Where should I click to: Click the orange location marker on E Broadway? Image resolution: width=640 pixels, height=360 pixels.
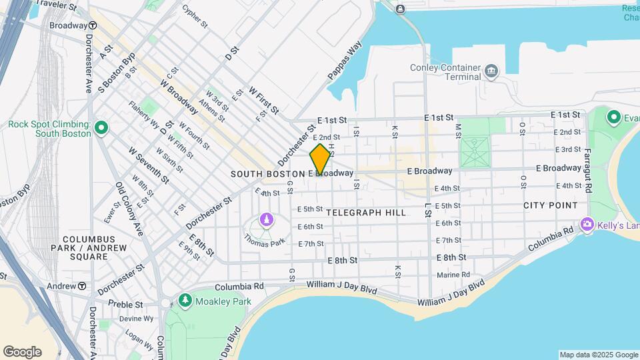click(320, 159)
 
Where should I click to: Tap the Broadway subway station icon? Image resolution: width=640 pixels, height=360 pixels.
click(93, 25)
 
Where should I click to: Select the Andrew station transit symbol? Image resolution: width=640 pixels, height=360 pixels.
click(81, 285)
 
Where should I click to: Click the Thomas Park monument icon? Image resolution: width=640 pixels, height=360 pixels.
click(267, 219)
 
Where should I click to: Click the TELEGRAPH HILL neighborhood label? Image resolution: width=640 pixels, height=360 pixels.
click(366, 213)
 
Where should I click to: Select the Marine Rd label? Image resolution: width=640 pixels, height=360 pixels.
click(453, 275)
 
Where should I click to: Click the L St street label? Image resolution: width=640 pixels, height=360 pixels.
click(426, 211)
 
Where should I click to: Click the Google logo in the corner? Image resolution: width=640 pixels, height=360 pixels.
click(22, 351)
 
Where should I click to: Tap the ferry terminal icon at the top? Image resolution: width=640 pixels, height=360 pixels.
click(400, 9)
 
